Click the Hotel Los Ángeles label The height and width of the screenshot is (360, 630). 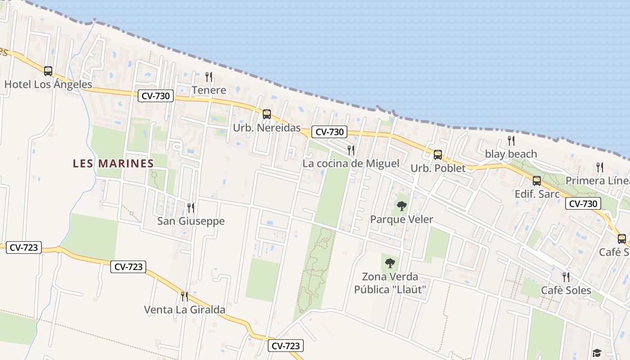click(48, 84)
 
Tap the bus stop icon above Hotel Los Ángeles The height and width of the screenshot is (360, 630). click(48, 71)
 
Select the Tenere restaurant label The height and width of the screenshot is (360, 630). click(209, 90)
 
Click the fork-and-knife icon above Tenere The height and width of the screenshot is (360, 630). click(209, 76)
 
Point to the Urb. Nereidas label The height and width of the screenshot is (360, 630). click(266, 128)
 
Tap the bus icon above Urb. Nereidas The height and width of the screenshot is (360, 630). click(267, 114)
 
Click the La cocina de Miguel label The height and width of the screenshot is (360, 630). click(351, 163)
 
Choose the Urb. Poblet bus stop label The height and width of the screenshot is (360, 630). click(438, 168)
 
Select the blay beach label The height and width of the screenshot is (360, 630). click(511, 154)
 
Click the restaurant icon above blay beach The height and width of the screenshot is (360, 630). click(511, 140)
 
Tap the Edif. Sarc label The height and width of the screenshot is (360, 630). click(537, 194)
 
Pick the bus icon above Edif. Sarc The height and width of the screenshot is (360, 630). click(537, 181)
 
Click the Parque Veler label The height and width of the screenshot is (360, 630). click(401, 220)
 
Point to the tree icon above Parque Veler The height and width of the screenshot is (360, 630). click(402, 206)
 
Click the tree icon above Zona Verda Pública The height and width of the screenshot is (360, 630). click(390, 263)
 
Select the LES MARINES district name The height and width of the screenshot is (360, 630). click(113, 163)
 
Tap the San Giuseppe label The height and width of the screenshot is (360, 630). click(191, 221)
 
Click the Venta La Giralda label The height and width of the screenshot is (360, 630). click(184, 310)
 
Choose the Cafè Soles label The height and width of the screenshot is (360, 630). click(566, 290)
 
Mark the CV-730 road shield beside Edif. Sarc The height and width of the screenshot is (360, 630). click(583, 203)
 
